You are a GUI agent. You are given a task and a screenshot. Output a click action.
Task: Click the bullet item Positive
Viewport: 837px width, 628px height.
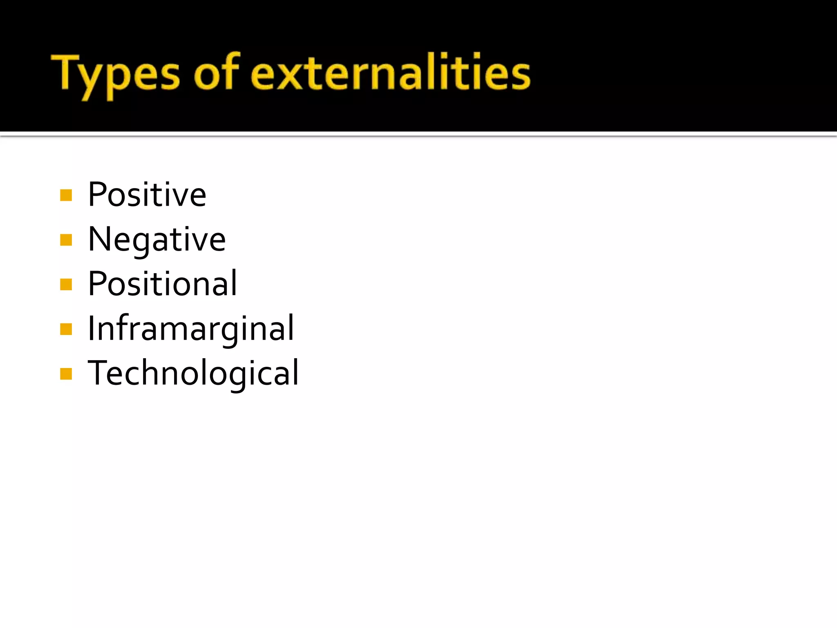(x=147, y=195)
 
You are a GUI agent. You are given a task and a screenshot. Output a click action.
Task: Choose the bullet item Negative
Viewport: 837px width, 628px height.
(x=157, y=240)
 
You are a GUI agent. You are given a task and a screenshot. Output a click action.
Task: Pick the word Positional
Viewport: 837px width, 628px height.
(x=162, y=284)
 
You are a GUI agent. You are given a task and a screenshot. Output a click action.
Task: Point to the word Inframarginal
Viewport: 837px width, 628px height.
(x=191, y=329)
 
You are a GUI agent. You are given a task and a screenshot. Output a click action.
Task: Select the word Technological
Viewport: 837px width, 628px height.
(x=193, y=373)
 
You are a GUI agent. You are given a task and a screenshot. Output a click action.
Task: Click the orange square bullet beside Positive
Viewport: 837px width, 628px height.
(x=66, y=195)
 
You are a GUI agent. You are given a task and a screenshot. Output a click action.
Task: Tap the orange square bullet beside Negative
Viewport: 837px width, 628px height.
(x=66, y=240)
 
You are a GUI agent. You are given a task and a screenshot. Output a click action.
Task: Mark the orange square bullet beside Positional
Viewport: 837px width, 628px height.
(x=66, y=285)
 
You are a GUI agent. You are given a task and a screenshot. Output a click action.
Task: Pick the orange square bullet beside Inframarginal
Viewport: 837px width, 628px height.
(x=66, y=329)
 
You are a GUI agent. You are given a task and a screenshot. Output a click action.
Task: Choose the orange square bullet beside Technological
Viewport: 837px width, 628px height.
(x=66, y=374)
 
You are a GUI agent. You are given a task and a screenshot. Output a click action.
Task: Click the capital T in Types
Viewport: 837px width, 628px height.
(x=65, y=72)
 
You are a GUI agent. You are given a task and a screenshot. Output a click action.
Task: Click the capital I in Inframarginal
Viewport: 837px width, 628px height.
(x=92, y=328)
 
